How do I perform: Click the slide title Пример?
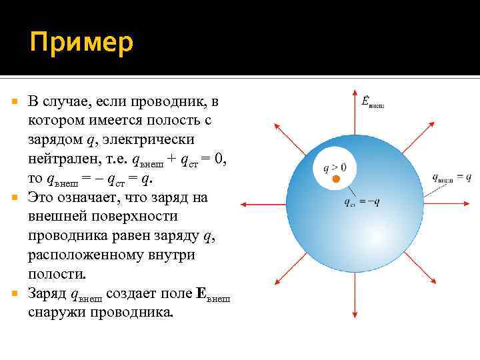pos(81,43)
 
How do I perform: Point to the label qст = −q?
pos(361,202)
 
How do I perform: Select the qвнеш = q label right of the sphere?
pos(451,177)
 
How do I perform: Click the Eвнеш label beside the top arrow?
pos(371,102)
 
